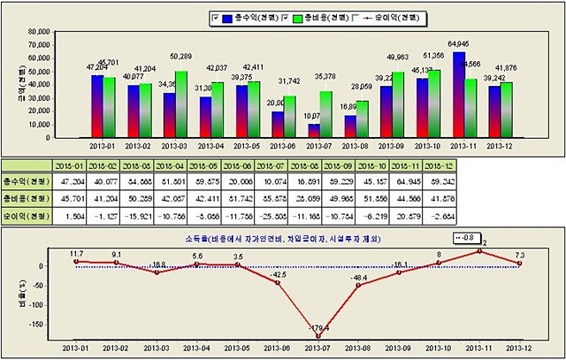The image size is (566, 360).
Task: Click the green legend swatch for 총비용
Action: click(x=298, y=17)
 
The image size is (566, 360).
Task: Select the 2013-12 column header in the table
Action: click(x=491, y=165)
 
